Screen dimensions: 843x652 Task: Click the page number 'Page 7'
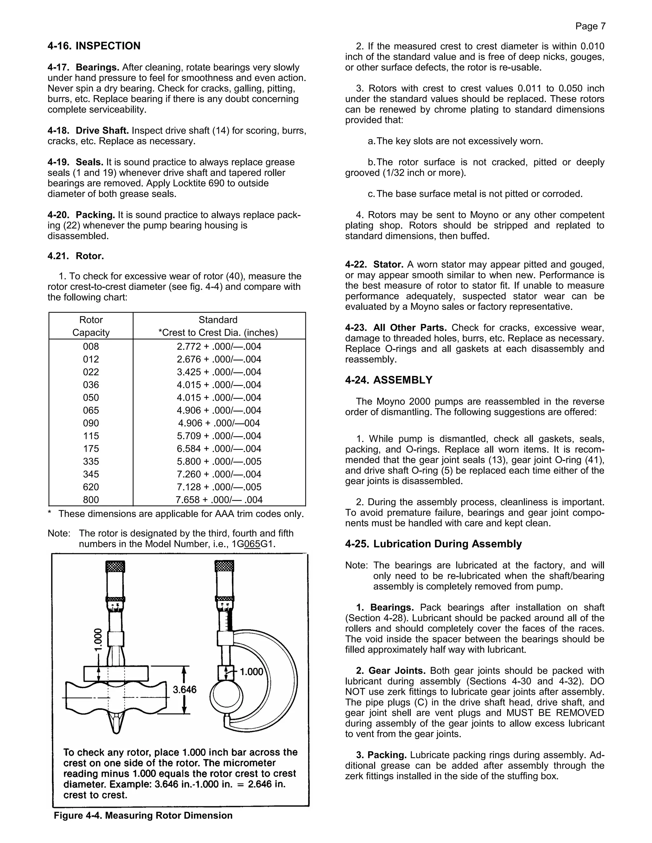590,26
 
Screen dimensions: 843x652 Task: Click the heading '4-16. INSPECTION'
94,46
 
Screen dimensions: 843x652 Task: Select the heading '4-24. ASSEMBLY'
389,380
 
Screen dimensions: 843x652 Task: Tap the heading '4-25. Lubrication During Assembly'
433,544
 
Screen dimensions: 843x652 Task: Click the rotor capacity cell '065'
91,410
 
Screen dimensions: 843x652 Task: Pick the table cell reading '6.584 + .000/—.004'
219,449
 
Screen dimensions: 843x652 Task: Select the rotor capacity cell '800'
91,500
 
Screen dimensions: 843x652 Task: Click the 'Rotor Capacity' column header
91,326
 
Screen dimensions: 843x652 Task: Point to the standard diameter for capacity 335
219,461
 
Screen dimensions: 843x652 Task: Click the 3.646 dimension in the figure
185,690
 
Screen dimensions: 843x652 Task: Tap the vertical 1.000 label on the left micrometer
98,640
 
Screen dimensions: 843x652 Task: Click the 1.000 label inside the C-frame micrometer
252,672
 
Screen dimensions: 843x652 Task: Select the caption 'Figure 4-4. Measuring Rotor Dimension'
143,816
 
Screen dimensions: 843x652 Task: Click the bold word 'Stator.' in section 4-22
388,265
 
